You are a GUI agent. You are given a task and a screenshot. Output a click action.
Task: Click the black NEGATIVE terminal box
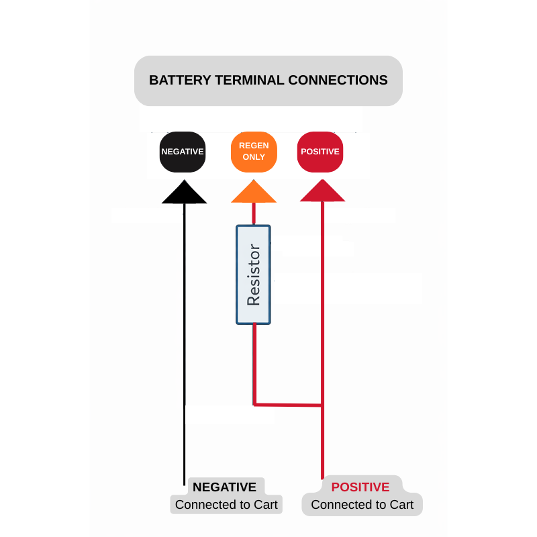tap(183, 152)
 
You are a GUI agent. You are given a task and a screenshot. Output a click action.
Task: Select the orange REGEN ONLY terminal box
tap(254, 152)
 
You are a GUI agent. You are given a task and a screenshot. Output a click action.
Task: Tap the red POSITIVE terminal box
tap(320, 152)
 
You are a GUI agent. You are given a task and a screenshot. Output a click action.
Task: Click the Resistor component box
tap(253, 275)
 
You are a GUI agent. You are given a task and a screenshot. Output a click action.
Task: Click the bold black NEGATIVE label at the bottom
tap(224, 487)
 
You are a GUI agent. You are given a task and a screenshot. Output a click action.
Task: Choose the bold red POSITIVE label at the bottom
tap(360, 487)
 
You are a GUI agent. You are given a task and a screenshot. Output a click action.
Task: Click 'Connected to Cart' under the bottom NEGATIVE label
tap(226, 505)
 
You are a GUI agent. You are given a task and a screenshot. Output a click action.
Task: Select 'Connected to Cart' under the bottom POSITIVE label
tap(362, 505)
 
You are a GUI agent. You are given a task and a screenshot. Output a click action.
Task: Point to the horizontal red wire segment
tap(288, 405)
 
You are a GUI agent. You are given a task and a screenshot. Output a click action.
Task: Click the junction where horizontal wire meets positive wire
tap(322, 405)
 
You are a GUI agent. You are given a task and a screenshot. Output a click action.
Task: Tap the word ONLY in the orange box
tap(254, 157)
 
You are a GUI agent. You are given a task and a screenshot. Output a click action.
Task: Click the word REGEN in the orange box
tap(254, 146)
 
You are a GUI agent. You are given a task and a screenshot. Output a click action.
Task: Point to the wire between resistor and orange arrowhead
tap(254, 214)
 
